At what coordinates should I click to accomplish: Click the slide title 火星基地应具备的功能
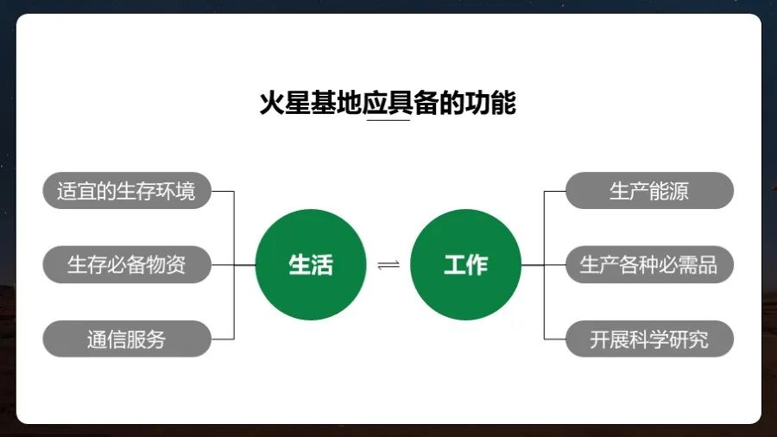pyautogui.click(x=388, y=103)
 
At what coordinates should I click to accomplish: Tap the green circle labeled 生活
pyautogui.click(x=311, y=264)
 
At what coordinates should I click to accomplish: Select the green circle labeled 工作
pyautogui.click(x=465, y=264)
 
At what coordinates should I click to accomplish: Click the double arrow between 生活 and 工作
pyautogui.click(x=388, y=264)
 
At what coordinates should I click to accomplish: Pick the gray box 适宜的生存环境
pyautogui.click(x=126, y=191)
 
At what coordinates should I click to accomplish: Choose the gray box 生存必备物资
pyautogui.click(x=126, y=264)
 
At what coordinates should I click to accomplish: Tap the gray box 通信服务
pyautogui.click(x=126, y=339)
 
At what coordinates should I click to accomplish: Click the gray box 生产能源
pyautogui.click(x=649, y=191)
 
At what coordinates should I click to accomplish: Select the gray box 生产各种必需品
pyautogui.click(x=649, y=264)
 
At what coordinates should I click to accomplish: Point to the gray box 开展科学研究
pyautogui.click(x=649, y=339)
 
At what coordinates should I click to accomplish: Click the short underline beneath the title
pyautogui.click(x=388, y=121)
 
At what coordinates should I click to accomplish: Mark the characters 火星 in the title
pyautogui.click(x=285, y=103)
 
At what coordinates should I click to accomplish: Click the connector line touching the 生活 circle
pyautogui.click(x=245, y=264)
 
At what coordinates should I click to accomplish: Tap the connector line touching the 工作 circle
pyautogui.click(x=533, y=264)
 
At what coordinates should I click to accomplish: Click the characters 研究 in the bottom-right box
pyautogui.click(x=689, y=339)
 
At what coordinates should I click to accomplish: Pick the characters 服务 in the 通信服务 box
pyautogui.click(x=146, y=339)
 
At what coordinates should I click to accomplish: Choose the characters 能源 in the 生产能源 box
pyautogui.click(x=669, y=191)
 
